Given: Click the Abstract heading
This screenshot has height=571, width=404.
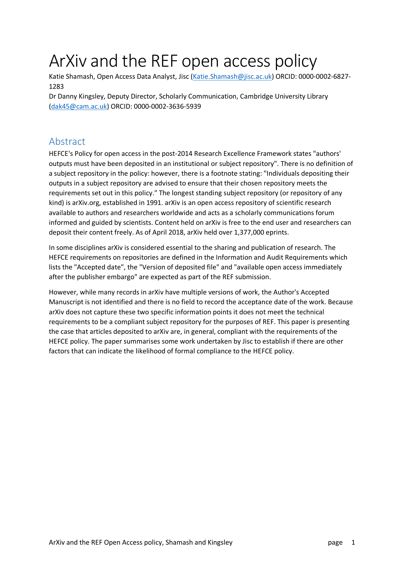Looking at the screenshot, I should pyautogui.click(x=67, y=142).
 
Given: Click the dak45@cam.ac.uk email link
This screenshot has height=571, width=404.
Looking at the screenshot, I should pyautogui.click(x=79, y=106).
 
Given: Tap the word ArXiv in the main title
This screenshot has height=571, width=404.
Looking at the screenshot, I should pyautogui.click(x=68, y=61).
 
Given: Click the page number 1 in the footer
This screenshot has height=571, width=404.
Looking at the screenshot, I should pyautogui.click(x=353, y=542).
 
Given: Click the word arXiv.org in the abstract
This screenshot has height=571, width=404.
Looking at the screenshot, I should pyautogui.click(x=87, y=203).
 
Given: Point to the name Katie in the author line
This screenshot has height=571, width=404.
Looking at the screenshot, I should pyautogui.click(x=56, y=77).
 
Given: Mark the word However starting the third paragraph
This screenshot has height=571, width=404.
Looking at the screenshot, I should pyautogui.click(x=63, y=292).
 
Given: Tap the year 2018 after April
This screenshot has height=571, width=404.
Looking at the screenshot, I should pyautogui.click(x=176, y=232).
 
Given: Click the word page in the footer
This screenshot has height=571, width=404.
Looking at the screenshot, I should pyautogui.click(x=335, y=542).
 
